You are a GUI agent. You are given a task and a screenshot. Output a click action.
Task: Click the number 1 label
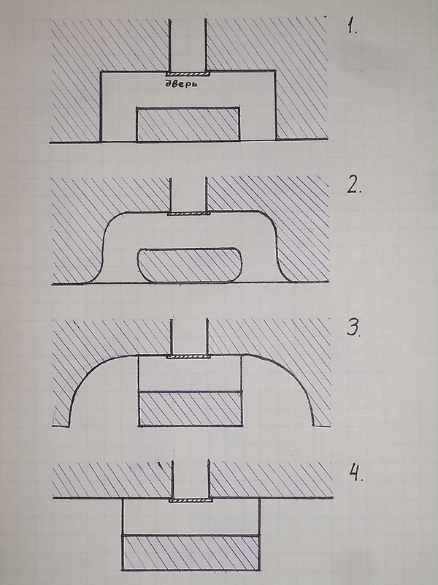[x=352, y=27]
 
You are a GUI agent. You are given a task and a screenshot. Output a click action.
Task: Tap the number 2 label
[x=354, y=186]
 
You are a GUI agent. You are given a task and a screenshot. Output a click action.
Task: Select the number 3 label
[x=354, y=328]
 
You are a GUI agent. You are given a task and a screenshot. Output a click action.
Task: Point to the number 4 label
[x=356, y=472]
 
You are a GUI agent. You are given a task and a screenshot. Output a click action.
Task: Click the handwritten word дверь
[x=181, y=83]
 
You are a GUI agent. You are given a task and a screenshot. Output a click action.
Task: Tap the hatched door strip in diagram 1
[x=188, y=75]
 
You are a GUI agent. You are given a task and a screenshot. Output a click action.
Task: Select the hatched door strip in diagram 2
[x=189, y=214]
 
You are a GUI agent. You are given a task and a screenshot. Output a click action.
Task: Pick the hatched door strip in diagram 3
[x=188, y=357]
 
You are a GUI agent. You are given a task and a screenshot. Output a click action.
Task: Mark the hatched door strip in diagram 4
[x=191, y=499]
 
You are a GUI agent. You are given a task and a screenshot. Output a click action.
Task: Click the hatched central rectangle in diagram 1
[x=188, y=124]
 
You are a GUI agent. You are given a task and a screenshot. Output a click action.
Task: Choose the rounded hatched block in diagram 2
[x=190, y=265]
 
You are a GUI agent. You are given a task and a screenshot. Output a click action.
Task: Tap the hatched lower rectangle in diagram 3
[x=191, y=409]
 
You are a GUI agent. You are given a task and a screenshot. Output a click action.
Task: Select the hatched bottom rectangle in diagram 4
[x=191, y=553]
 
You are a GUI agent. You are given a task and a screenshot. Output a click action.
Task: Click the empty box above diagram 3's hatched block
[x=190, y=374]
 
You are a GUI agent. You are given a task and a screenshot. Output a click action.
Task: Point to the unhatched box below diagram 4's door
[x=191, y=518]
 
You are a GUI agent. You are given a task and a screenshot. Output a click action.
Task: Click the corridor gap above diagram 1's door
[x=188, y=45]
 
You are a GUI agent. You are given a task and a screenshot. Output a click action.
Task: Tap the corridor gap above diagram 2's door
[x=188, y=195]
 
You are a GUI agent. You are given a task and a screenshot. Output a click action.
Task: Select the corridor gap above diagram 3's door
[x=189, y=337]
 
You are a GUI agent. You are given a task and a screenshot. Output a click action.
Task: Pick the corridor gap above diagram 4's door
[x=191, y=480]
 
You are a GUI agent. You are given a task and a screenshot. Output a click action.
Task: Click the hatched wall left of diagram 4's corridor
[x=112, y=480]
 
